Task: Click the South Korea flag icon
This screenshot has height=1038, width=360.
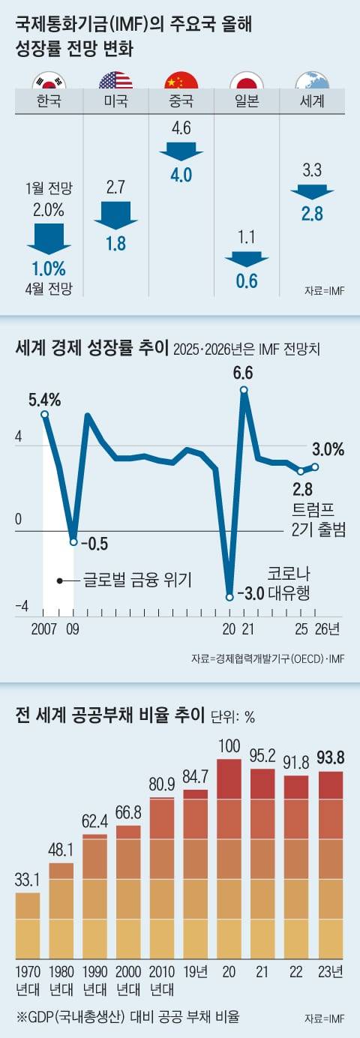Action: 50,81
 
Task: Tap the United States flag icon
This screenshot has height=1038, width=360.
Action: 115,81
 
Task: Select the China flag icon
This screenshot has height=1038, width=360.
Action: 181,81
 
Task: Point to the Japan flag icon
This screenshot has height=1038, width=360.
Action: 246,81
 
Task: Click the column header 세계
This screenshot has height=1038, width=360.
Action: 310,100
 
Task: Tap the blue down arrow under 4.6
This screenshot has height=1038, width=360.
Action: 181,150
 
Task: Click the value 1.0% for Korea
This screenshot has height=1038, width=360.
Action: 49,268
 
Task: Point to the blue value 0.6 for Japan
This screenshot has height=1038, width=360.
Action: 247,281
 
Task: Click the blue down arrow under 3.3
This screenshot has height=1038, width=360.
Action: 311,191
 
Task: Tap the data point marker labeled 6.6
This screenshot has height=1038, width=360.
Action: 244,390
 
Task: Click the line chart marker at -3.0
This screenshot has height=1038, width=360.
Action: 229,597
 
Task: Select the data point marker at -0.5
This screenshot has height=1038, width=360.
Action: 73,541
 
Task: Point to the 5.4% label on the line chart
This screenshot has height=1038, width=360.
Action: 44,398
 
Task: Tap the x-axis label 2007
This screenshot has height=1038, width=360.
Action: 45,628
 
